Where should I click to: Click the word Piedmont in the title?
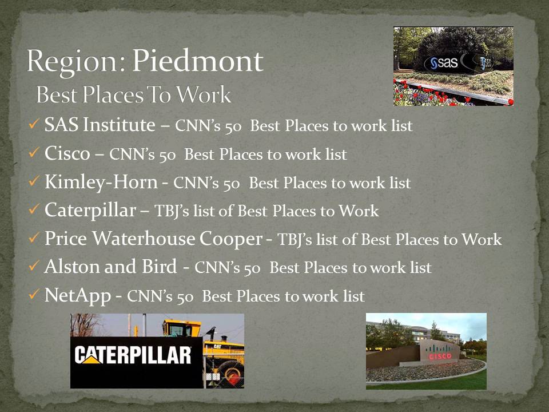(197, 61)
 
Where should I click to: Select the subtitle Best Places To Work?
(133, 95)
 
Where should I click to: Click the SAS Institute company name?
(100, 125)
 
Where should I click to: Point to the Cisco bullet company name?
(67, 153)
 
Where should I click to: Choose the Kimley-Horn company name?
(101, 182)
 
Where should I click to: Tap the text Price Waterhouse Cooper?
(153, 239)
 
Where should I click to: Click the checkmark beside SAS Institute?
(34, 124)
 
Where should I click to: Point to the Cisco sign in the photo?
(439, 353)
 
